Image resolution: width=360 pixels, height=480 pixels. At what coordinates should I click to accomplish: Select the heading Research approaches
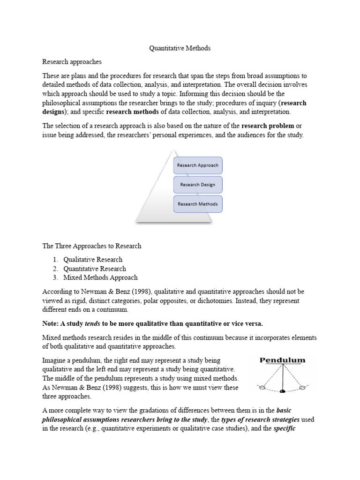[x=72, y=61]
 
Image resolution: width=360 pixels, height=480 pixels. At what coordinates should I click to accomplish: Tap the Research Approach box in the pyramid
[x=197, y=165]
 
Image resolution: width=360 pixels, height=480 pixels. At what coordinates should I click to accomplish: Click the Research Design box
[x=197, y=185]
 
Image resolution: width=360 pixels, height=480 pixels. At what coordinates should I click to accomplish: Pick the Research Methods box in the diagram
[x=197, y=204]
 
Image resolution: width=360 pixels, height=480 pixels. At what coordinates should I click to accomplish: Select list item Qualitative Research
[x=93, y=259]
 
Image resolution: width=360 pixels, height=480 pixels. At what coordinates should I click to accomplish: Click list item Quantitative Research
[x=95, y=269]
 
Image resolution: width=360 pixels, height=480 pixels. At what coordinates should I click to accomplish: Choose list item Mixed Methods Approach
[x=100, y=277]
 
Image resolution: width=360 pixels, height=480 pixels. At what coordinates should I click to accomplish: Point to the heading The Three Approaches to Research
[x=92, y=246]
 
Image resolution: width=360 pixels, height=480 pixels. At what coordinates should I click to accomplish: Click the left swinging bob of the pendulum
[x=262, y=387]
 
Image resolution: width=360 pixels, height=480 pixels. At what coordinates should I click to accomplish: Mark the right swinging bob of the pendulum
[x=302, y=387]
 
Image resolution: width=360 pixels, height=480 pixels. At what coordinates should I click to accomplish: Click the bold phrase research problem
[x=268, y=126]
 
